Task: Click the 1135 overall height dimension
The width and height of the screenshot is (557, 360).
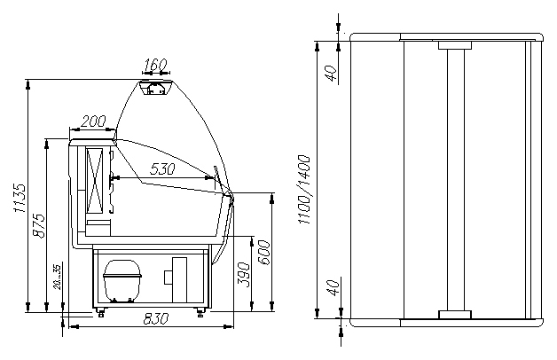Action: pos(20,198)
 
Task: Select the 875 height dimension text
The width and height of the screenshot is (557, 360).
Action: pos(39,225)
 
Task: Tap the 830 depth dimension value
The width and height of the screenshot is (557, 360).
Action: pos(156,319)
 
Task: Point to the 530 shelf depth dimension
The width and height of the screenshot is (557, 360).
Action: pos(162,169)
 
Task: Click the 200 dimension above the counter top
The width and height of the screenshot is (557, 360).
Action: pos(93,121)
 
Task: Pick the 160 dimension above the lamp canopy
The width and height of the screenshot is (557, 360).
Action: pos(156,65)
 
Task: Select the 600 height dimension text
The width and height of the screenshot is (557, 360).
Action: pos(263,252)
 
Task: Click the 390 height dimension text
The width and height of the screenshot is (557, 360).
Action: pos(244,274)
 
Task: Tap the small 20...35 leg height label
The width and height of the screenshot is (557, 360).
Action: pos(58,277)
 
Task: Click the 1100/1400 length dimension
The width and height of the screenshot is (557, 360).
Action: pos(304,189)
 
